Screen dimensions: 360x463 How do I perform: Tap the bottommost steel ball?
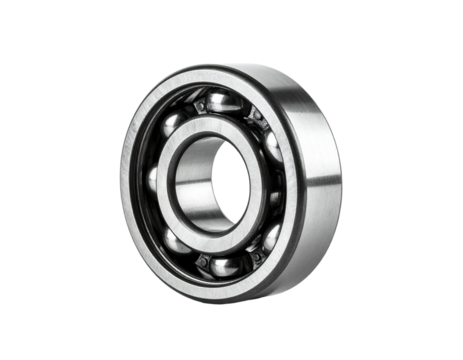(x=226, y=265)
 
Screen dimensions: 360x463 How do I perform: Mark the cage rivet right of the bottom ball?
(x=252, y=259)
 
